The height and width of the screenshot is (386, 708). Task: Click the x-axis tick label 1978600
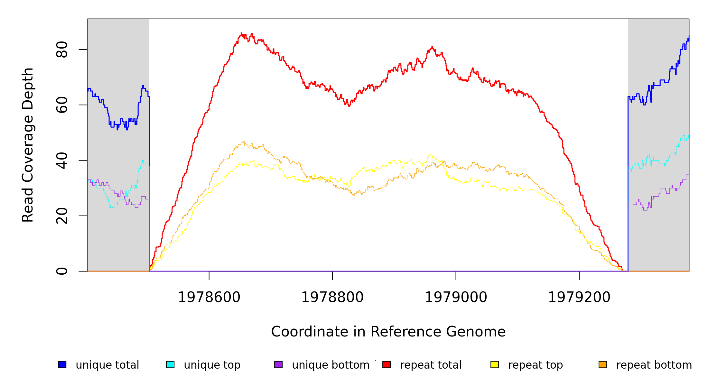(209, 297)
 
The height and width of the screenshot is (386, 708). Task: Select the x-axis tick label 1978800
(332, 297)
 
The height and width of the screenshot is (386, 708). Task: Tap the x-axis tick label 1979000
(456, 297)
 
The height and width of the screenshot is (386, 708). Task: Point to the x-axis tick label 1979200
(579, 297)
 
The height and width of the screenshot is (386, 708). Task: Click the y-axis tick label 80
(62, 50)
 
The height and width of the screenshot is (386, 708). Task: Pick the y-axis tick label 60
(62, 105)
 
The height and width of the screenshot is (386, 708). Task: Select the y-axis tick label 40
(62, 161)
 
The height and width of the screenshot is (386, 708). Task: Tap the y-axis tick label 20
(62, 216)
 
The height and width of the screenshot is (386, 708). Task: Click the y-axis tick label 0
(62, 271)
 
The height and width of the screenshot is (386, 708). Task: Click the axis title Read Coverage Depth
(28, 145)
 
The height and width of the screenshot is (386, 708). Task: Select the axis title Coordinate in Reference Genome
(388, 332)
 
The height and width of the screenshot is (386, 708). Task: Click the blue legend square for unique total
(62, 364)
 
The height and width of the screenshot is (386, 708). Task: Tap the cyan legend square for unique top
(170, 364)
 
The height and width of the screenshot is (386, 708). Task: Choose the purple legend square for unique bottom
(278, 364)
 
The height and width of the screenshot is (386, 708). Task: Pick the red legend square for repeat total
(387, 364)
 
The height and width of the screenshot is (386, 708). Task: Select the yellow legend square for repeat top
(495, 364)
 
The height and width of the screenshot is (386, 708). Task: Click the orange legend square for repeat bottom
(603, 364)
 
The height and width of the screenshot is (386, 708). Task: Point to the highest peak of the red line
(241, 33)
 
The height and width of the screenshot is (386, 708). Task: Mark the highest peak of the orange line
(244, 142)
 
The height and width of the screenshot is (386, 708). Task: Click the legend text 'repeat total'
(431, 365)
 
